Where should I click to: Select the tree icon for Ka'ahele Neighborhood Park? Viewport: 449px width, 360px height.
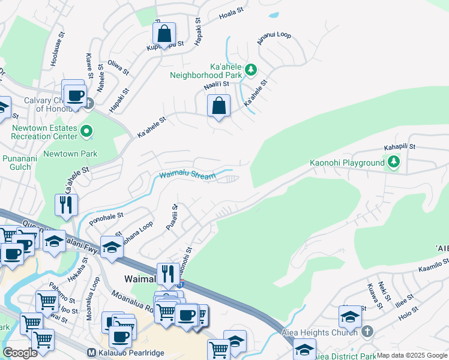250,70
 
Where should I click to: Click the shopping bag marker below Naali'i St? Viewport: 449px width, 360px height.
219,106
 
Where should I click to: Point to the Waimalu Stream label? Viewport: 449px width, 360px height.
187,175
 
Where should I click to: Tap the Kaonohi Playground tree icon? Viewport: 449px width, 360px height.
393,161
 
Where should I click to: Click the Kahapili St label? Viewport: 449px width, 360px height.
400,147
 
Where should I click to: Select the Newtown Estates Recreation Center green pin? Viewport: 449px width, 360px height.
86,131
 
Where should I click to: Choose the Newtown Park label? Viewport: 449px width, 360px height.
79,154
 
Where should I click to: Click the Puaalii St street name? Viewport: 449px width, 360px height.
172,217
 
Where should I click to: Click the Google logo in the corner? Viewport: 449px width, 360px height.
20,353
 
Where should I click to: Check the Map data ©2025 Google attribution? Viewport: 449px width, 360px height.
412,356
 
